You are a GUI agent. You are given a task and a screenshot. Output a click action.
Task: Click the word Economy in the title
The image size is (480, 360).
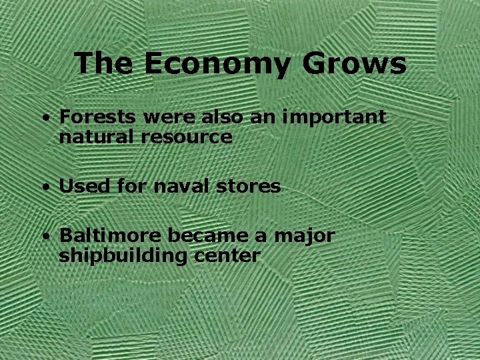[216, 65]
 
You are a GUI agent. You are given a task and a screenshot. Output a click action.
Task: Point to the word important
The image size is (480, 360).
[334, 118]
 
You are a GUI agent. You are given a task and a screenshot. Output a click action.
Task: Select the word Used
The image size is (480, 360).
[79, 187]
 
